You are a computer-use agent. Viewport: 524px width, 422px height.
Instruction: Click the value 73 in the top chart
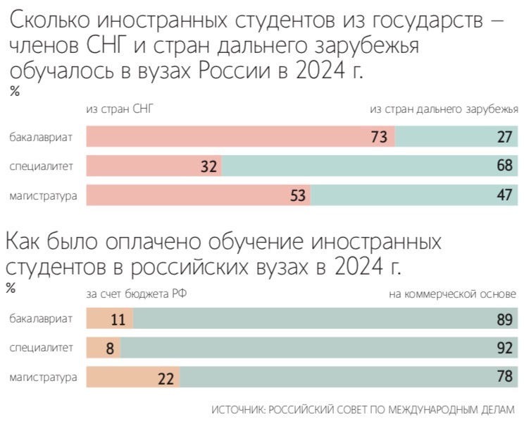(x=380, y=137)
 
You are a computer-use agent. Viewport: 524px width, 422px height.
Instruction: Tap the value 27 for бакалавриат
(x=504, y=137)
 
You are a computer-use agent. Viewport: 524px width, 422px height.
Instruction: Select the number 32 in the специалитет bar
(x=208, y=167)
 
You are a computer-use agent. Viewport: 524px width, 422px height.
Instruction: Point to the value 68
(x=504, y=167)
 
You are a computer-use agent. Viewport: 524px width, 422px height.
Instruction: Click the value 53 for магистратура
(x=298, y=195)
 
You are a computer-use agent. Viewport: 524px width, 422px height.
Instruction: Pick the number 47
(x=504, y=195)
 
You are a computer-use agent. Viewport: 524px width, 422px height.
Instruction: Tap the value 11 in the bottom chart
(x=118, y=319)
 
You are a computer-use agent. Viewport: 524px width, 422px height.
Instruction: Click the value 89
(x=504, y=319)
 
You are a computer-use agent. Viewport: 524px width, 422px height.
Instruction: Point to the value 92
(x=504, y=348)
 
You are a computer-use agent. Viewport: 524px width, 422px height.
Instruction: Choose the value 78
(x=504, y=378)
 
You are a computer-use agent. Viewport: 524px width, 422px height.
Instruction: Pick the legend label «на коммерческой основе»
(x=452, y=293)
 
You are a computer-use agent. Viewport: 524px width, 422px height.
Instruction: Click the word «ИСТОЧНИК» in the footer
(x=235, y=409)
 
